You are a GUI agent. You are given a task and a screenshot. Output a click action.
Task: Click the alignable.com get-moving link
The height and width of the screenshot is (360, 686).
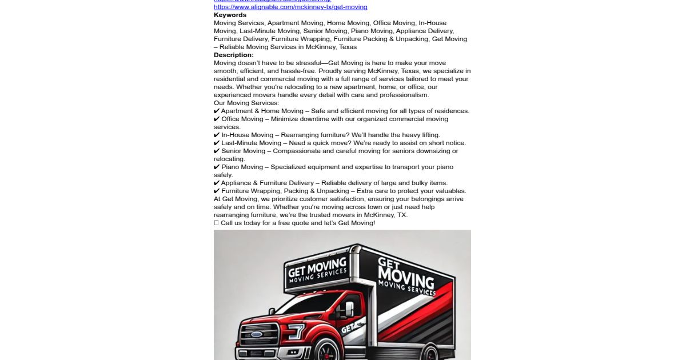point(290,7)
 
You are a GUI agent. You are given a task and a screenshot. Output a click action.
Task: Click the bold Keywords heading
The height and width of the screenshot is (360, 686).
point(230,15)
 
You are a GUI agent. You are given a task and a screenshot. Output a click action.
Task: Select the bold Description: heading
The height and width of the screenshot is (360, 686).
point(234,55)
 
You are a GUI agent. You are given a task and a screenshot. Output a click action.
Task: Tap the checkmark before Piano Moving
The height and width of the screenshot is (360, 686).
point(217,167)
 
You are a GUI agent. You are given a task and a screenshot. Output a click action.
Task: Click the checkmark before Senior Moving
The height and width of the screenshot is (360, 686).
point(217,151)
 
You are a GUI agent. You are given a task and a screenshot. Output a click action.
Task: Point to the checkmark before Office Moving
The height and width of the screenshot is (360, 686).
point(217,119)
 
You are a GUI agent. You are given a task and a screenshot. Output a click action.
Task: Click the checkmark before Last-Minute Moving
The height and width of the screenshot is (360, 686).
point(217,143)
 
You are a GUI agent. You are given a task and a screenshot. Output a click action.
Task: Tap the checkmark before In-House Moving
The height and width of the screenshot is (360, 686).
point(217,135)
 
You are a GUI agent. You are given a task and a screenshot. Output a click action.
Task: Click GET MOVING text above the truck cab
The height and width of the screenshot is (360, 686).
point(317,267)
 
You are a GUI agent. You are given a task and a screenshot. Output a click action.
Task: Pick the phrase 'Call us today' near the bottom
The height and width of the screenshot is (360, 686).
point(241,223)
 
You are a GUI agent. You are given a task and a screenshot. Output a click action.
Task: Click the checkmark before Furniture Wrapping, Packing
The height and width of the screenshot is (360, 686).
point(217,191)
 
